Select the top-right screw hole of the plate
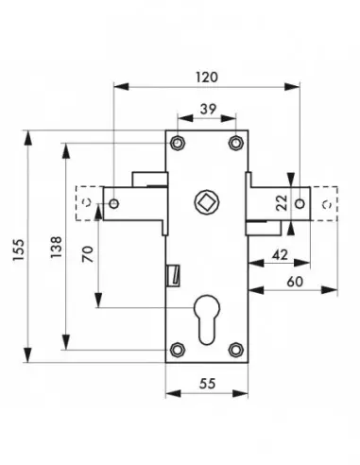[x=235, y=144]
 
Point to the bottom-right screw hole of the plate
[x=235, y=351]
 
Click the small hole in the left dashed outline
[x=87, y=203]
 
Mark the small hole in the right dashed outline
[x=326, y=202]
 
